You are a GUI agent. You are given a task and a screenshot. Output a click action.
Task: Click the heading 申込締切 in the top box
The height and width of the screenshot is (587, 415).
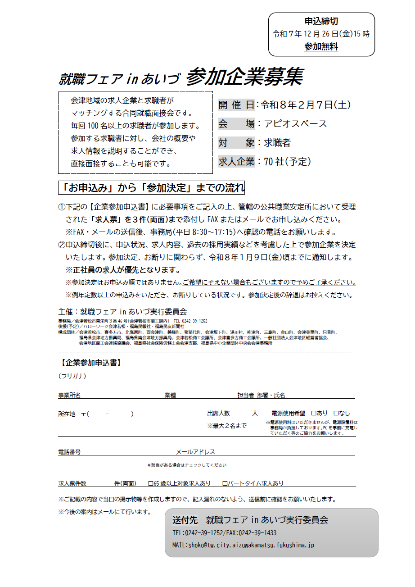click(x=321, y=22)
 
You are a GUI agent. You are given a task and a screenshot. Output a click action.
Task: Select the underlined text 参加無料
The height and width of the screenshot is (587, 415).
click(x=321, y=46)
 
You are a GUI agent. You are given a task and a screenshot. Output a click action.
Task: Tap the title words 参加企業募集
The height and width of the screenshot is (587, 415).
click(x=244, y=77)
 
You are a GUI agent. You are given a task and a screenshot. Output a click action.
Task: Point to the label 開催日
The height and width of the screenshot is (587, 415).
click(x=236, y=105)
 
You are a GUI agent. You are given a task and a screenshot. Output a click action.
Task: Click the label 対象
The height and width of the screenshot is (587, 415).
click(x=236, y=143)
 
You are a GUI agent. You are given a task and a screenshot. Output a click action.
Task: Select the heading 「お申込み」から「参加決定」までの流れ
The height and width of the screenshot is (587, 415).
click(x=152, y=187)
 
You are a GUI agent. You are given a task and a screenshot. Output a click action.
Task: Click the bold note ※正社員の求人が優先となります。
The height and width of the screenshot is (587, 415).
click(x=123, y=270)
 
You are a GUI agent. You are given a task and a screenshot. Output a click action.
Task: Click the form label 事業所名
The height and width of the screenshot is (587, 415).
click(x=69, y=396)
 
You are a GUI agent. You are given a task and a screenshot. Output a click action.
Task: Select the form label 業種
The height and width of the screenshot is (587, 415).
click(x=170, y=396)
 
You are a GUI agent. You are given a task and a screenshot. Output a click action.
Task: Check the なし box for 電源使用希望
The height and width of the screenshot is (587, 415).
click(x=336, y=413)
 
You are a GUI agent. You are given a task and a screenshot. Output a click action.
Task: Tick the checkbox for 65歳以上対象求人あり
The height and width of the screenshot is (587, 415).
click(x=151, y=483)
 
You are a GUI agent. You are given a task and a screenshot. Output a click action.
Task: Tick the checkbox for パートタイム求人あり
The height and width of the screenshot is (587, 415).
click(x=225, y=483)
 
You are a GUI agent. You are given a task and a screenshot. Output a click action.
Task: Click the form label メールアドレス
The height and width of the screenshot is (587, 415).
click(x=195, y=452)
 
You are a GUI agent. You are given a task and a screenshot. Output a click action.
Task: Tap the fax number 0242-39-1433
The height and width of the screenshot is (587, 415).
click(x=260, y=533)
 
